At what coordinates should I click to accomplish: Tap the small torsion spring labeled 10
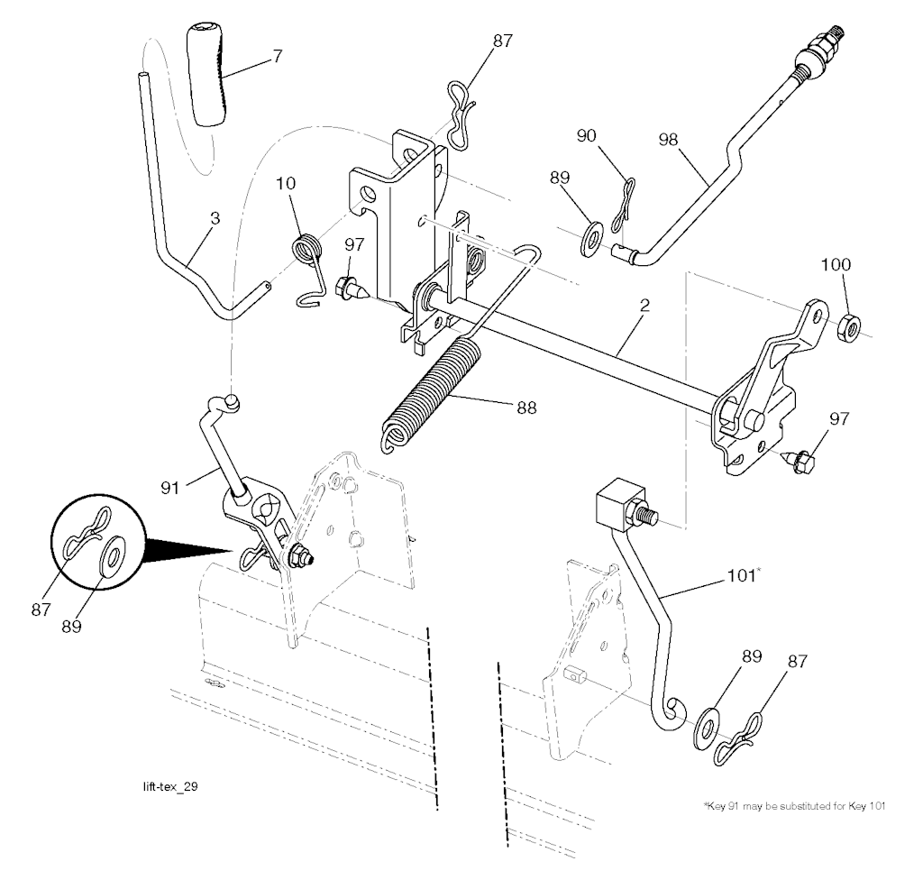coord(307,248)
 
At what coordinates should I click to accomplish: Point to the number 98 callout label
coord(669,141)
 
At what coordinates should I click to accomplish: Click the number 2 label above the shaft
coord(645,307)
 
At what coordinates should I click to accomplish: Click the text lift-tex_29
coord(165,787)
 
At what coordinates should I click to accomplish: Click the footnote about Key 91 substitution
coord(793,806)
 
